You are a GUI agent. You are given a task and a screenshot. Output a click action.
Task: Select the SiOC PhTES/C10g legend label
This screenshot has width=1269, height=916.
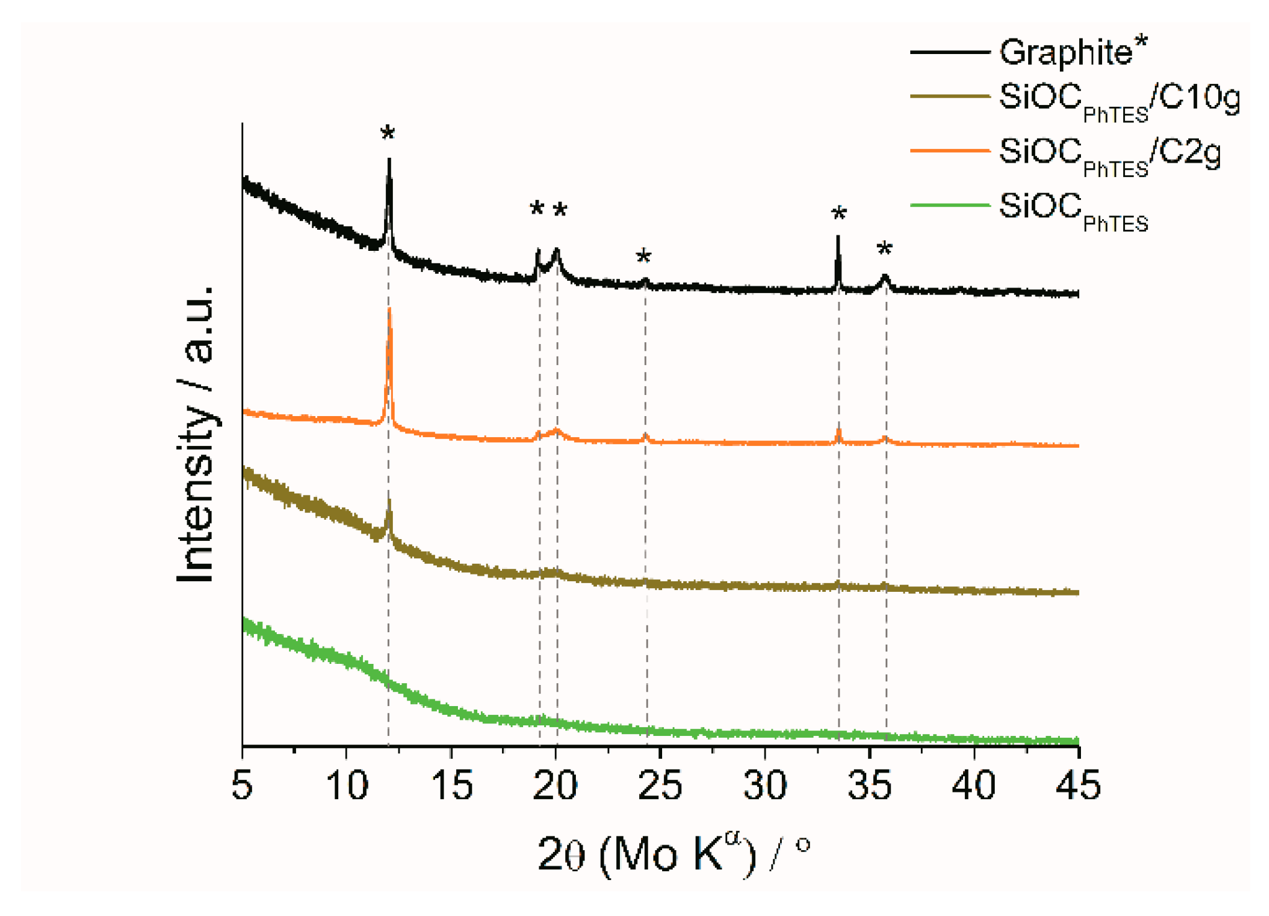1119,101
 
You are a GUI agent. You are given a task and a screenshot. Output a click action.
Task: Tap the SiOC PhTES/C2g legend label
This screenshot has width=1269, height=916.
1109,155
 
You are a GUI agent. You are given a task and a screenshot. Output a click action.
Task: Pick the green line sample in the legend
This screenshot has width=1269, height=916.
949,206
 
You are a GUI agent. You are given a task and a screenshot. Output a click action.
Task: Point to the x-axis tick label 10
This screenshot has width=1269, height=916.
346,785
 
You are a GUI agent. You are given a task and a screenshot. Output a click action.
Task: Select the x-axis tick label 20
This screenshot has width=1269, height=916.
555,785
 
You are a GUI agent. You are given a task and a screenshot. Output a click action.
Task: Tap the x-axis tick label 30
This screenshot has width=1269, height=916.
765,785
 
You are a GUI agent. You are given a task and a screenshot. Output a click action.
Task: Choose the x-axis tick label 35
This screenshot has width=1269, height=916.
869,785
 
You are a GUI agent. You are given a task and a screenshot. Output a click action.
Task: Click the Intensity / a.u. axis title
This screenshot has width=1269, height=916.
195,435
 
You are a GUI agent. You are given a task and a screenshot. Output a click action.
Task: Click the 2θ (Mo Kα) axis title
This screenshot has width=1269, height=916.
673,856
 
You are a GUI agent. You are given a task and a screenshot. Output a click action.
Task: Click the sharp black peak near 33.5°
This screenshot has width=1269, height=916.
838,238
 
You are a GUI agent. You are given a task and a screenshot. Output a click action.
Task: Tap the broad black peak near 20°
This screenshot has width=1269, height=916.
557,251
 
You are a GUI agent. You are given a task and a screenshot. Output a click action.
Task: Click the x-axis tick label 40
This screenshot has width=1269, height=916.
974,785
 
